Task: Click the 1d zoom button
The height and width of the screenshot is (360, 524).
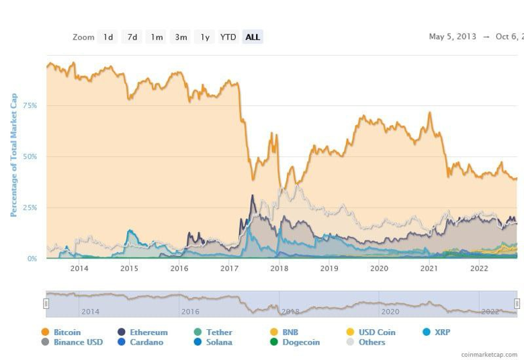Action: tap(107, 37)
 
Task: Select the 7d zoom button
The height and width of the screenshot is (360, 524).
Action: tap(132, 37)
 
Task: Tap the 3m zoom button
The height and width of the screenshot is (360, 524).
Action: tap(181, 37)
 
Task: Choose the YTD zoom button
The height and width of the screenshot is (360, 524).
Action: tap(228, 37)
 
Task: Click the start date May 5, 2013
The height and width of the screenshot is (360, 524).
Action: tap(453, 37)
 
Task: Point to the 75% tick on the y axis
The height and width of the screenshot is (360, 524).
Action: tap(30, 105)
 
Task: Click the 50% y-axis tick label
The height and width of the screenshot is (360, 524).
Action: tap(30, 156)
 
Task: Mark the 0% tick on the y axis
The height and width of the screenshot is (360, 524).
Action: tap(32, 259)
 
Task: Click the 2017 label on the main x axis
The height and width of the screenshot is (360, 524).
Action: tap(230, 269)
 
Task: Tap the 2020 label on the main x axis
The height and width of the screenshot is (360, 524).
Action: tap(380, 269)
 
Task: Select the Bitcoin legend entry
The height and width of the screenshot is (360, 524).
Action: tap(67, 332)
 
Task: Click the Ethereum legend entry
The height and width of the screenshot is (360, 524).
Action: tap(148, 332)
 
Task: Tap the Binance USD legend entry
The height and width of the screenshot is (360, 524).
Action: tap(77, 342)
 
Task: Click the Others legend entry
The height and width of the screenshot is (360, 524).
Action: tap(372, 342)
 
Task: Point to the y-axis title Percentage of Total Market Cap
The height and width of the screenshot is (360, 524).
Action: tap(13, 155)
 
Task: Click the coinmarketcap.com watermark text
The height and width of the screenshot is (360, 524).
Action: tap(489, 354)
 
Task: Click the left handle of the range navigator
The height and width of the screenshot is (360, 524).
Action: tap(46, 304)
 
